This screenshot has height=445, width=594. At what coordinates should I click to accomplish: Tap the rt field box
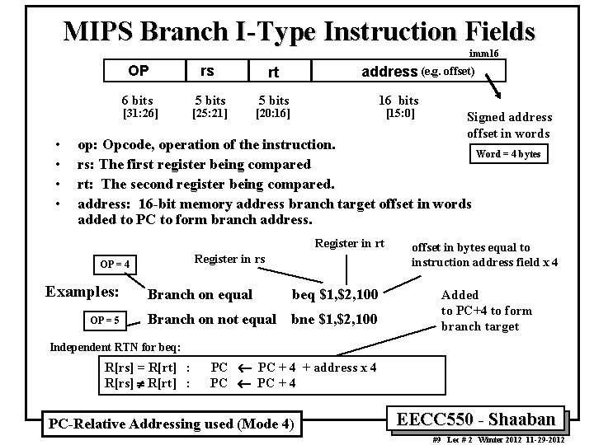tap(272, 72)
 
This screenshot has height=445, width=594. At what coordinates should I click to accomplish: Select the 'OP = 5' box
tap(105, 320)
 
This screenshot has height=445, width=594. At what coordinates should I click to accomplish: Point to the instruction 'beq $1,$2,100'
tap(334, 295)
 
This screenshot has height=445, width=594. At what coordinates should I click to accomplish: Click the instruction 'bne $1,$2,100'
tap(334, 319)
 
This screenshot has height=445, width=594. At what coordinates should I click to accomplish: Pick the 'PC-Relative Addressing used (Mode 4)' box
tap(170, 424)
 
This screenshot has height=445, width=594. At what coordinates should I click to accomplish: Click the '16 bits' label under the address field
tap(398, 100)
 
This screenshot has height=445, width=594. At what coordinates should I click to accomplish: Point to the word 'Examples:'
tap(82, 292)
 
